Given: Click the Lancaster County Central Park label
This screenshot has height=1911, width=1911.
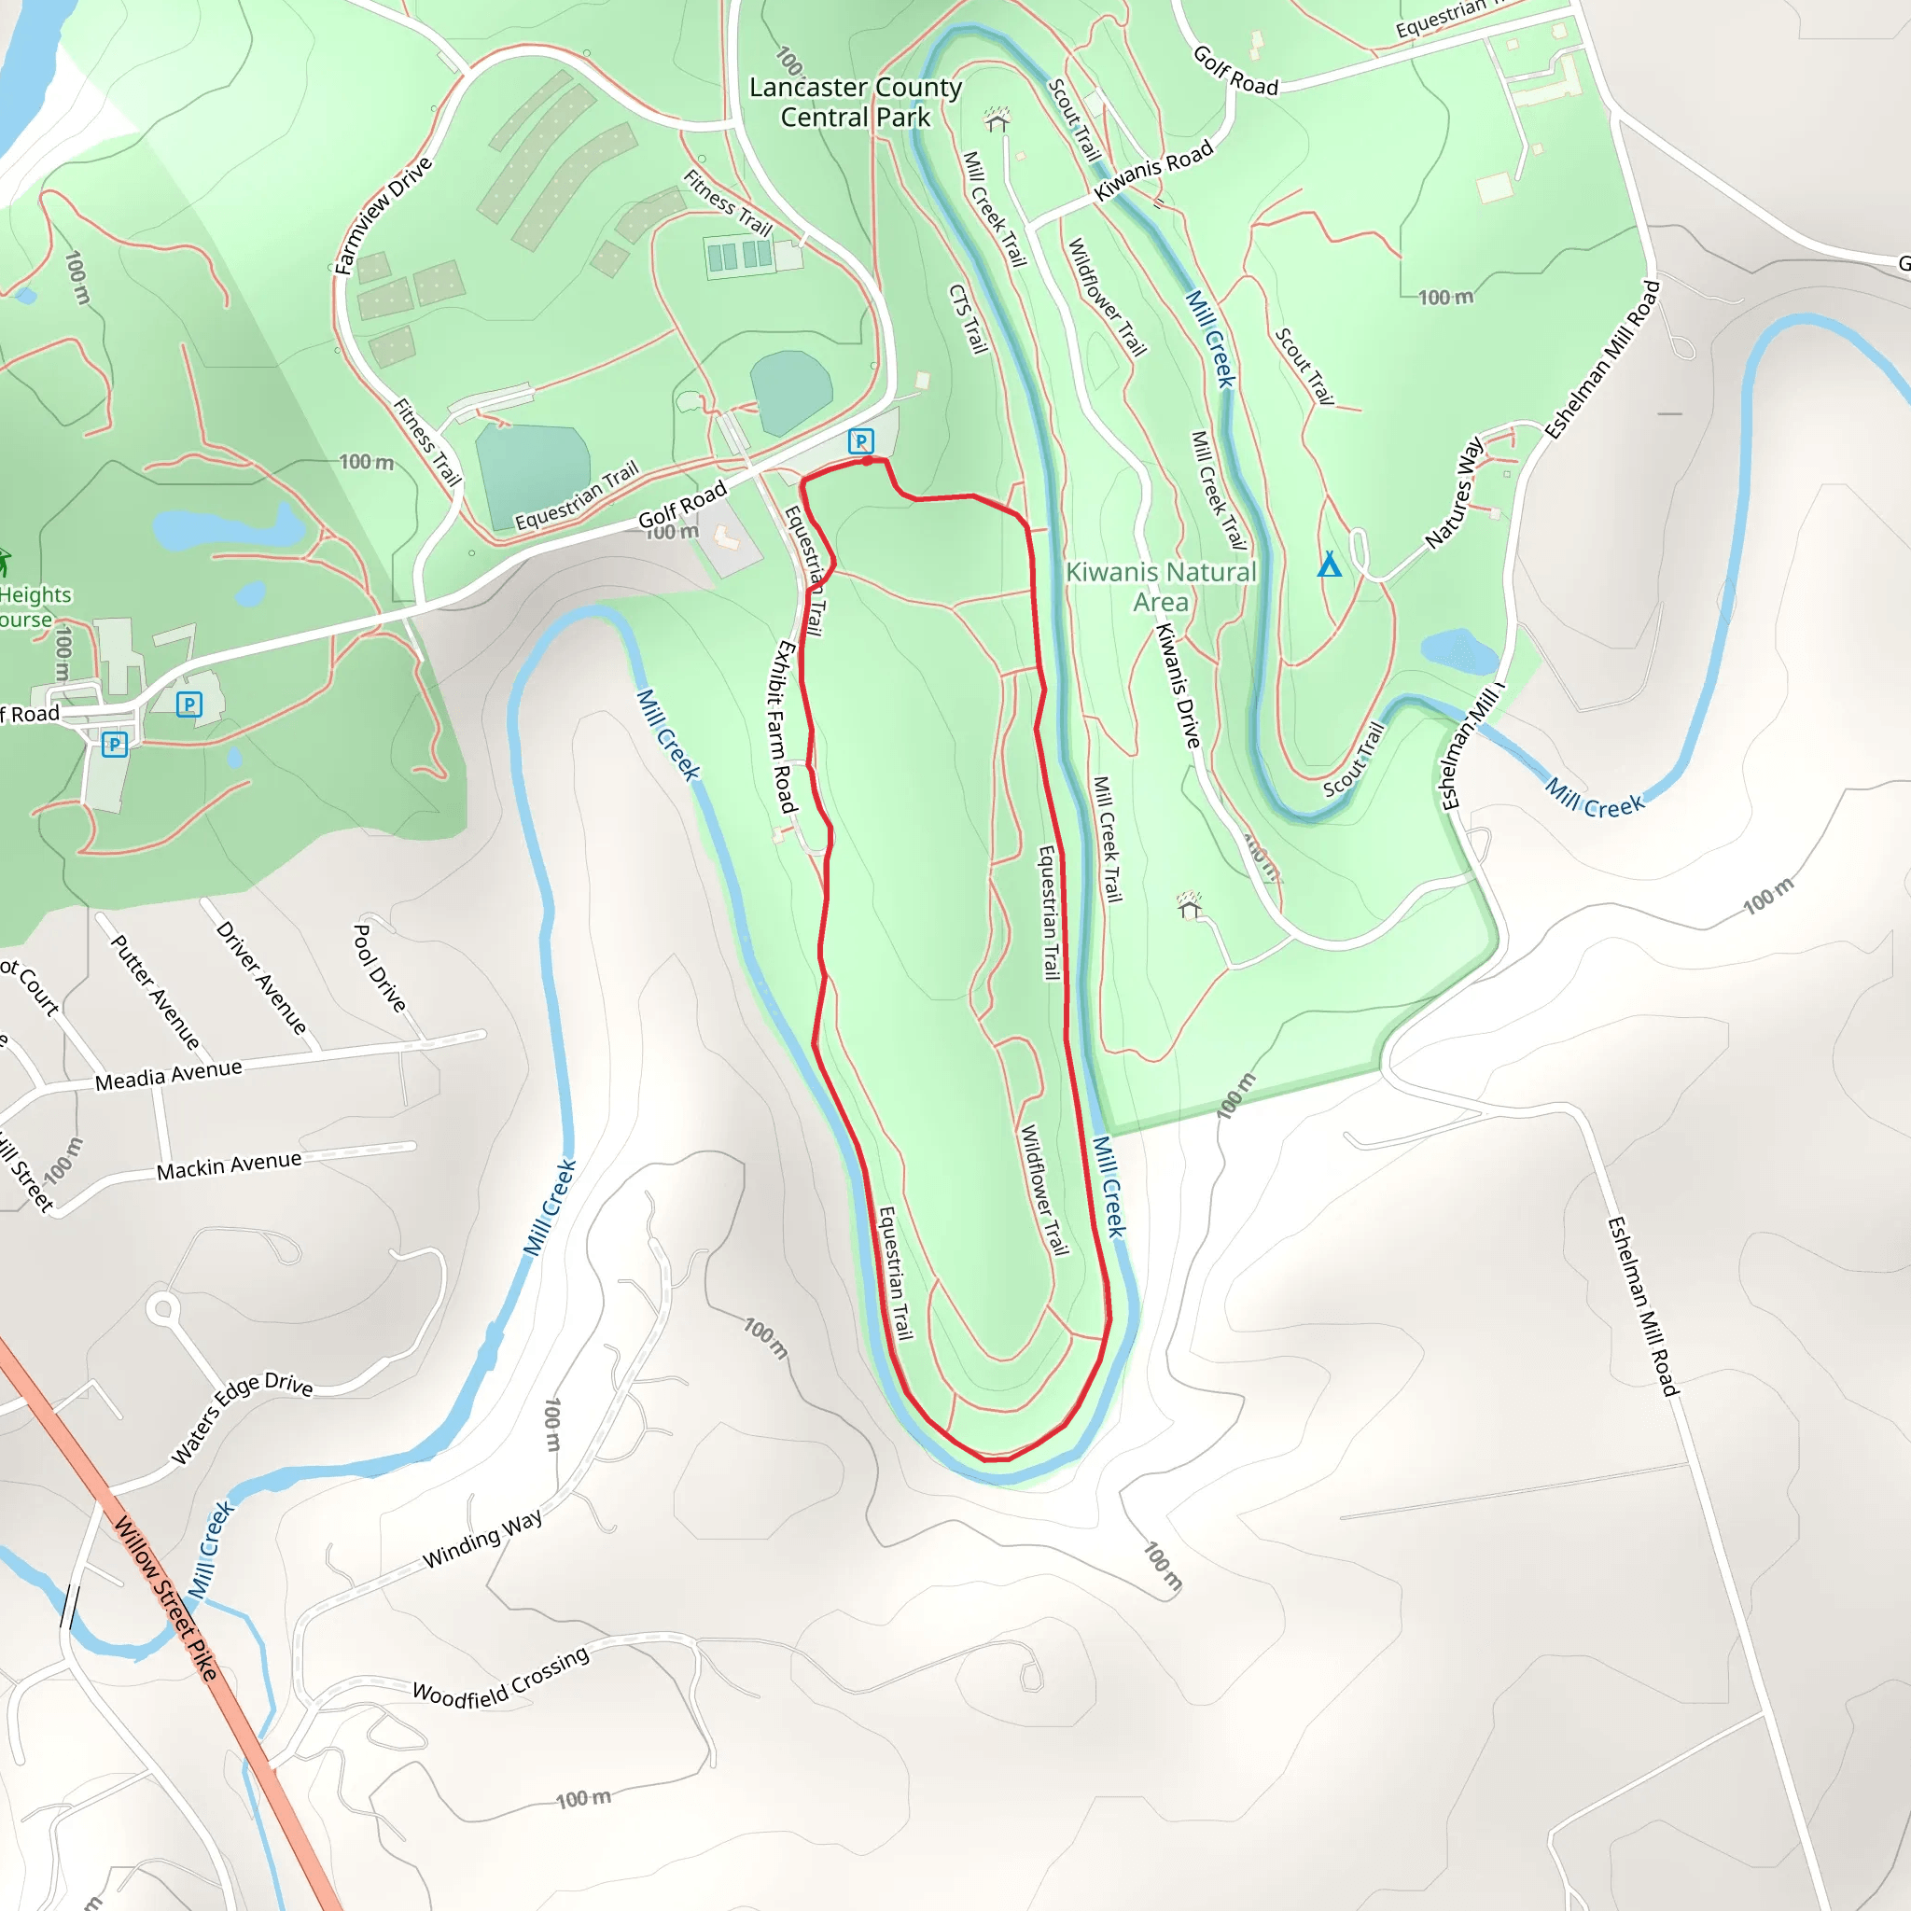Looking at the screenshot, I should click(855, 102).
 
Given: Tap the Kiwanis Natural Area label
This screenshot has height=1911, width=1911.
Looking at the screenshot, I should click(1160, 587).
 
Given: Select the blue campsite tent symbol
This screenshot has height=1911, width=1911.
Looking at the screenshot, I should click(1330, 565).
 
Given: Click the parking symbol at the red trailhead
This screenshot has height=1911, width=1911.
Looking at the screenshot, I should click(861, 441).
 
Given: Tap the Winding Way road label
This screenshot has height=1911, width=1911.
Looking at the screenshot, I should click(482, 1538).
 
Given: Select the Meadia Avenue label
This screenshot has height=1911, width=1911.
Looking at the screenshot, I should click(168, 1074).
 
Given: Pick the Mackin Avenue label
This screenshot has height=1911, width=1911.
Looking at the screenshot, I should click(229, 1165).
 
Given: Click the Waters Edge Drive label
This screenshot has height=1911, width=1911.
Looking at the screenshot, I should click(243, 1417).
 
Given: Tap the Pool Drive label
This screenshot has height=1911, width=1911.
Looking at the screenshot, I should click(380, 969).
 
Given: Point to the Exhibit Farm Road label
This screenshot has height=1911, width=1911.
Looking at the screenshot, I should click(782, 726).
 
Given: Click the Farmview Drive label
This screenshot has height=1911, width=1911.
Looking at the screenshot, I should click(383, 215).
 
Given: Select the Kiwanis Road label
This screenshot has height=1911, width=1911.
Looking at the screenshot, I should click(1153, 170).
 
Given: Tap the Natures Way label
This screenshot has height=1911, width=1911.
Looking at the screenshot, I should click(1454, 494).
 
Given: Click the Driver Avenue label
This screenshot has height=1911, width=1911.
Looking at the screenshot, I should click(262, 978).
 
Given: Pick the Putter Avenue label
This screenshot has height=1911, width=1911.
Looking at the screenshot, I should click(155, 992).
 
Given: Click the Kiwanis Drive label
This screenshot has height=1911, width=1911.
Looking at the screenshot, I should click(1179, 685).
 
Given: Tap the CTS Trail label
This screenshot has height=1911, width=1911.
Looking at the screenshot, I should click(969, 318).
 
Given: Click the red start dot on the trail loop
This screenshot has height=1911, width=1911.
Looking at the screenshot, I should click(868, 461).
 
